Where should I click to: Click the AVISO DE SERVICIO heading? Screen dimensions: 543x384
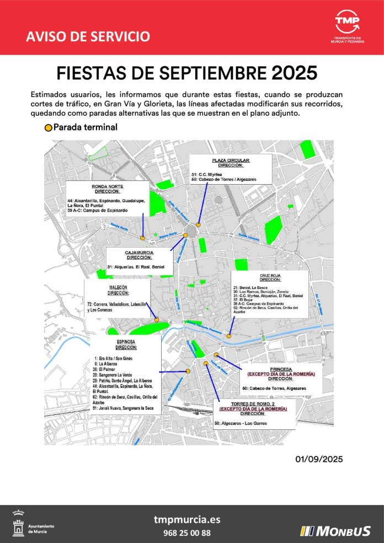pos(88,37)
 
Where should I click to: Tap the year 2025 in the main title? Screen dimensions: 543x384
pos(295,73)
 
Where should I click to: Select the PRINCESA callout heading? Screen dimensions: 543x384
pos(281,369)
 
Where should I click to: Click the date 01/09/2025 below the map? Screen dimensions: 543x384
pos(319,459)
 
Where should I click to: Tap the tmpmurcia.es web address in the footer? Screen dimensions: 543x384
pos(186,520)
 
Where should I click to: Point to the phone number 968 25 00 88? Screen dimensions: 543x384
pos(186,533)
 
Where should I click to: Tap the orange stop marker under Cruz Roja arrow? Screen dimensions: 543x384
pos(229,336)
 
